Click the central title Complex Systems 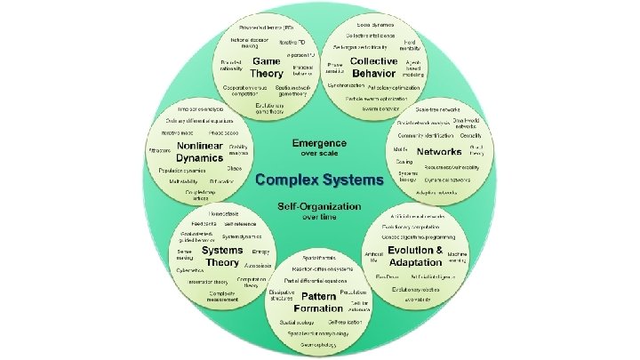click(319, 180)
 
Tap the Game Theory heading click(266, 67)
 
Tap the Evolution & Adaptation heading click(414, 256)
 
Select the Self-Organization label click(319, 205)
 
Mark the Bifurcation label click(221, 180)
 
